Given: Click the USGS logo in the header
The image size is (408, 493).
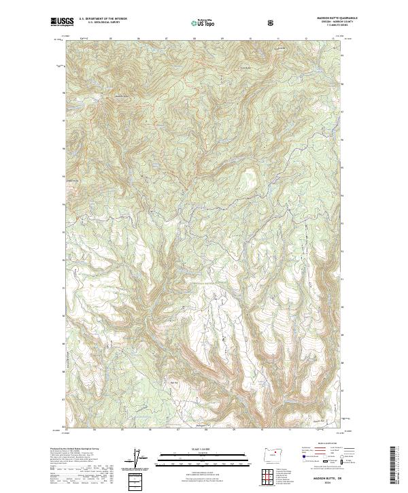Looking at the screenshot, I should pyautogui.click(x=63, y=22).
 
